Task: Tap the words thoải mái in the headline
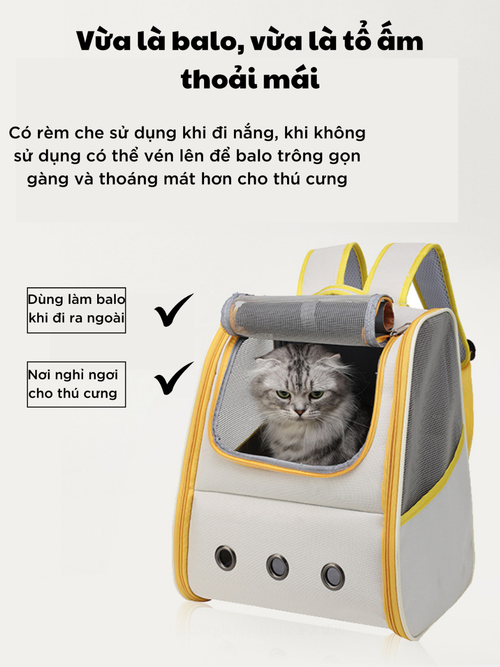[250, 78]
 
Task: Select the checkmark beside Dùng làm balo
[174, 310]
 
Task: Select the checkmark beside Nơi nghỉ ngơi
[174, 378]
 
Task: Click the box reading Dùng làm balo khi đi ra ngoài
[76, 310]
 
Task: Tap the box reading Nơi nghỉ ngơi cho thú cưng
[76, 385]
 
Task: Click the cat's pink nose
[300, 412]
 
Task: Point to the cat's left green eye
[284, 394]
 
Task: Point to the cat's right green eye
[316, 394]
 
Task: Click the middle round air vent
[277, 567]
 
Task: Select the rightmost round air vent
[333, 577]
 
